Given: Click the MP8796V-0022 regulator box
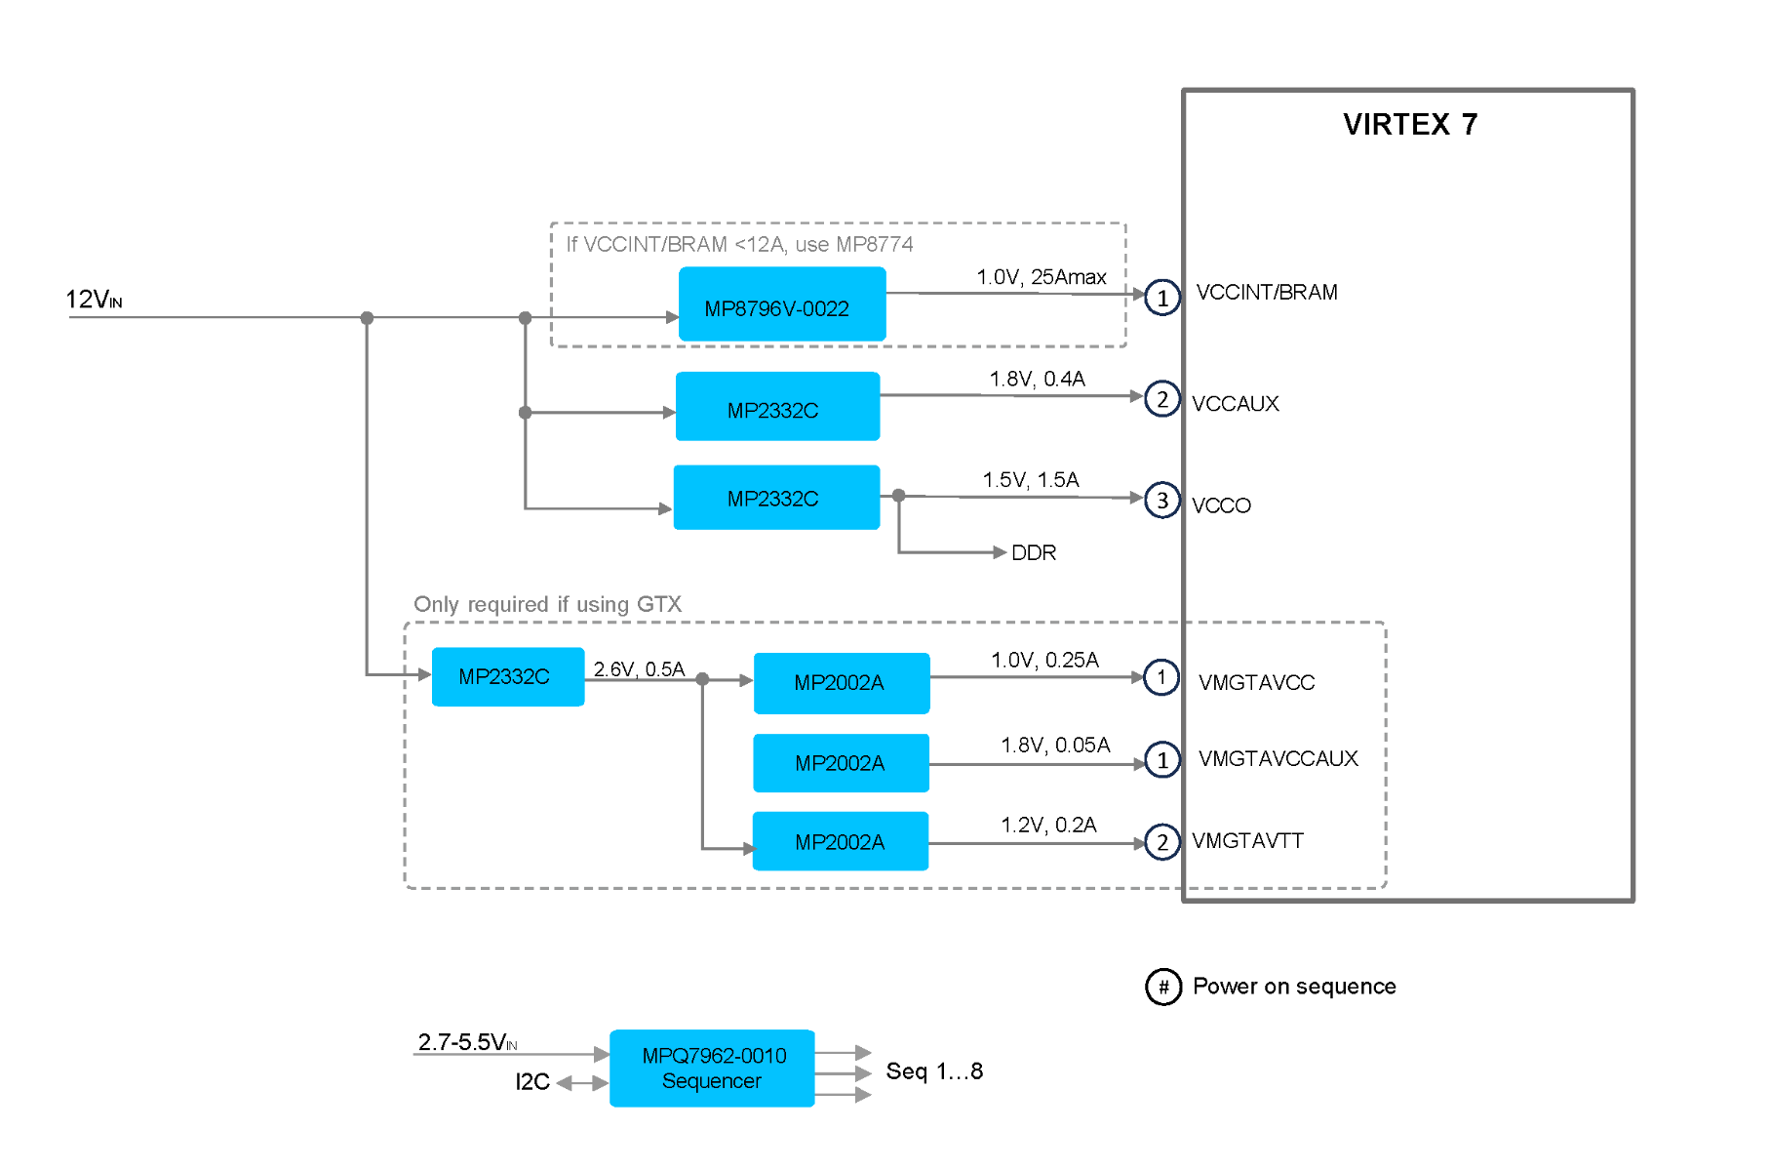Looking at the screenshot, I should pyautogui.click(x=782, y=304).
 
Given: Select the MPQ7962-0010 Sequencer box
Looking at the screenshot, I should pyautogui.click(x=712, y=1069).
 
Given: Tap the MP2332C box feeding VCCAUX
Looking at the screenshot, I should pyautogui.click(x=777, y=407).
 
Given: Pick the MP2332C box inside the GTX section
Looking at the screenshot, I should pyautogui.click(x=507, y=676).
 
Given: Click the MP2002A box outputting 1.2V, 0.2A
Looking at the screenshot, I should pyautogui.click(x=841, y=841).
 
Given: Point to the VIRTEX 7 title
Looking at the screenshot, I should pyautogui.click(x=1410, y=124).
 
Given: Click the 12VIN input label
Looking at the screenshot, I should pyautogui.click(x=94, y=300).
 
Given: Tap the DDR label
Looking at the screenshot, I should pyautogui.click(x=1034, y=553).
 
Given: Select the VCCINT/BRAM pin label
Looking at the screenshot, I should pyautogui.click(x=1267, y=292).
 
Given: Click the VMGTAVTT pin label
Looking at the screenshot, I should pyautogui.click(x=1247, y=840).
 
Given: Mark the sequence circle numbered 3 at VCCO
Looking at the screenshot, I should pyautogui.click(x=1161, y=501).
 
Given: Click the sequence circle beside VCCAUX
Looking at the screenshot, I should pyautogui.click(x=1161, y=399).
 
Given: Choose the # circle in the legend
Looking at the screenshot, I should pyautogui.click(x=1163, y=987).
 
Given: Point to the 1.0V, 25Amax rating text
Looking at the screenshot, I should pyautogui.click(x=1042, y=277).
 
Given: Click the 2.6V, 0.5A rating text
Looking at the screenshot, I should pyautogui.click(x=639, y=669).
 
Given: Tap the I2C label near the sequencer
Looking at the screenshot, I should pyautogui.click(x=532, y=1082).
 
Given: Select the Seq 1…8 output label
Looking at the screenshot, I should pyautogui.click(x=934, y=1071).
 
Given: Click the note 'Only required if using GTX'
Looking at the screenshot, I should pyautogui.click(x=547, y=605).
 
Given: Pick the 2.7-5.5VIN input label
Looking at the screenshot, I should pyautogui.click(x=467, y=1042).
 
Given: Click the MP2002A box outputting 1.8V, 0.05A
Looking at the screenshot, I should pyautogui.click(x=841, y=763).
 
